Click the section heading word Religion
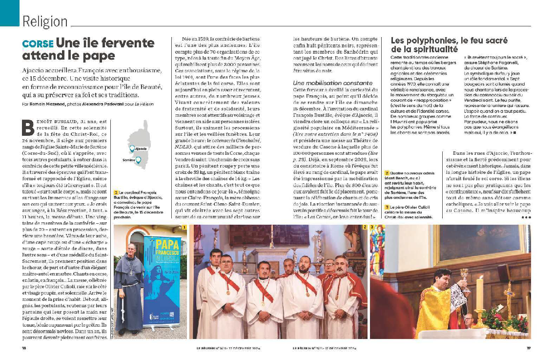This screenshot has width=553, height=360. click(x=45, y=21)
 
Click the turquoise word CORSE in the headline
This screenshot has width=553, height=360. click(x=38, y=44)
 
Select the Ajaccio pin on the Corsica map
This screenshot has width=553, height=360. click(x=132, y=148)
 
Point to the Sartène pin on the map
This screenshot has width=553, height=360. click(x=138, y=160)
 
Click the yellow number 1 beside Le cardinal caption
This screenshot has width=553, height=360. click(x=116, y=193)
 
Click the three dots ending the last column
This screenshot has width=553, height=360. click(x=526, y=217)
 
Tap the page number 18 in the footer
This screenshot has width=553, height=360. click(x=24, y=348)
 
